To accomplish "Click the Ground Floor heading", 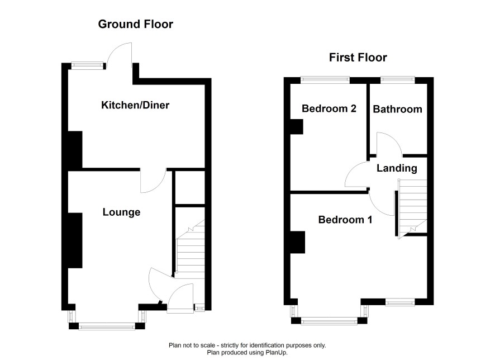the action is click(135, 24).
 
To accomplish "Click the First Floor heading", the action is click(358, 58).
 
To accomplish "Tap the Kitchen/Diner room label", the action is click(135, 105).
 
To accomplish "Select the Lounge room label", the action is click(122, 212).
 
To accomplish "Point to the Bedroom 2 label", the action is click(329, 108).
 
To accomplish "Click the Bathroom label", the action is click(397, 109).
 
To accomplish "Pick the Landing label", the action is click(397, 168).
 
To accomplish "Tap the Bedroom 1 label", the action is click(345, 220).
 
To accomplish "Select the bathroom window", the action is click(398, 80).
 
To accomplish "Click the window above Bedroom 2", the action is click(325, 80).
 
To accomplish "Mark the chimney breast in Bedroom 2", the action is click(297, 127).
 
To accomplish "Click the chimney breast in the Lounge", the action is click(75, 240).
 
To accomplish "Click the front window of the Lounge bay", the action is click(107, 326).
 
